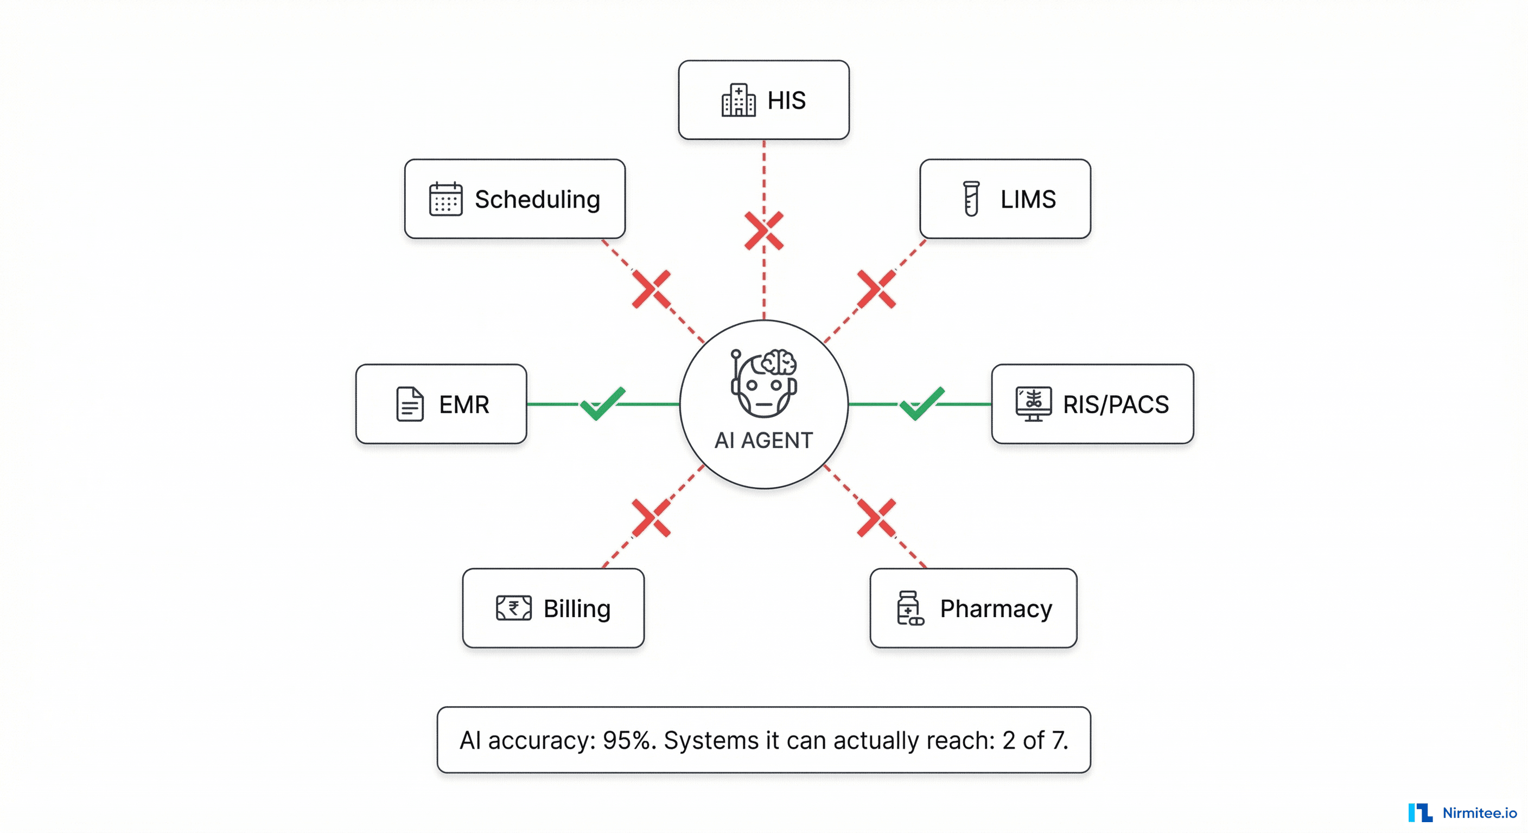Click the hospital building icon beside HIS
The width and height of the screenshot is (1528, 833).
pyautogui.click(x=738, y=100)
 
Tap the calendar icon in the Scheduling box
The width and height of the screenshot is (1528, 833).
pyautogui.click(x=445, y=199)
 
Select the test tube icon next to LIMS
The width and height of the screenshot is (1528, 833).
pyautogui.click(x=971, y=198)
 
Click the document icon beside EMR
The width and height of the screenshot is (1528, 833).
pyautogui.click(x=409, y=405)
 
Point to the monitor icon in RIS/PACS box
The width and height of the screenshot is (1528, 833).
pyautogui.click(x=1033, y=403)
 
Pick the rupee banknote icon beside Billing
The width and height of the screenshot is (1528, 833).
pyautogui.click(x=514, y=608)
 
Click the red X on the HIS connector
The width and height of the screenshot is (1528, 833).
pyautogui.click(x=764, y=230)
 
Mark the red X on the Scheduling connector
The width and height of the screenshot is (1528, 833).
pyautogui.click(x=651, y=290)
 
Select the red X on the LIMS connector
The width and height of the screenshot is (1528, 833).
pyautogui.click(x=877, y=290)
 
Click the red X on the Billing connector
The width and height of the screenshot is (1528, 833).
pyautogui.click(x=651, y=518)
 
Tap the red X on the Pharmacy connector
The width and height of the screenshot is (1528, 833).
pyautogui.click(x=877, y=518)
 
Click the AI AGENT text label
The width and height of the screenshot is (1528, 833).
pyautogui.click(x=763, y=440)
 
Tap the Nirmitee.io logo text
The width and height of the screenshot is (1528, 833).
pyautogui.click(x=1479, y=813)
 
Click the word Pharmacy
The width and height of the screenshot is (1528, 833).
pyautogui.click(x=996, y=609)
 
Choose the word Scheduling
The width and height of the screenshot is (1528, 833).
pyautogui.click(x=537, y=199)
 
